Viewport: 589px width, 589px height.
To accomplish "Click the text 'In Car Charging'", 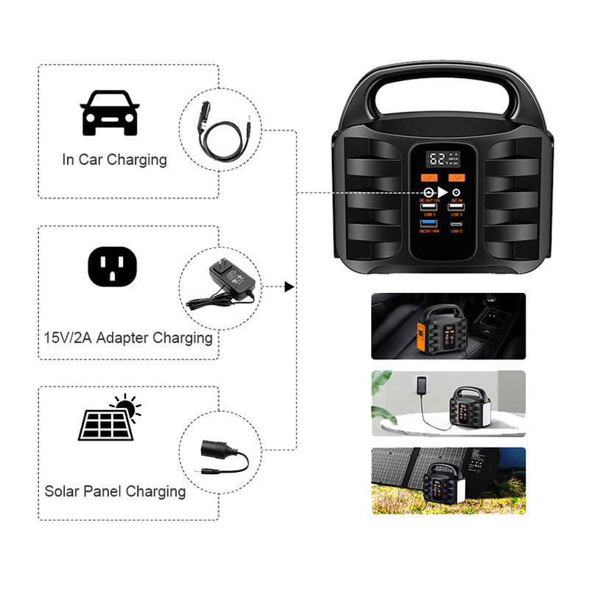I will click(114, 160).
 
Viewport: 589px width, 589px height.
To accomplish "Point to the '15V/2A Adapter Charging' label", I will click(128, 338).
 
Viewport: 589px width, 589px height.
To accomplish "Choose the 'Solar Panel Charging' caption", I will click(115, 491).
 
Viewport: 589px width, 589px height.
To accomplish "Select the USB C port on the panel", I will click(457, 223).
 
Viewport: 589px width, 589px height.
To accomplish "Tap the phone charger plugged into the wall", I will click(420, 385).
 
